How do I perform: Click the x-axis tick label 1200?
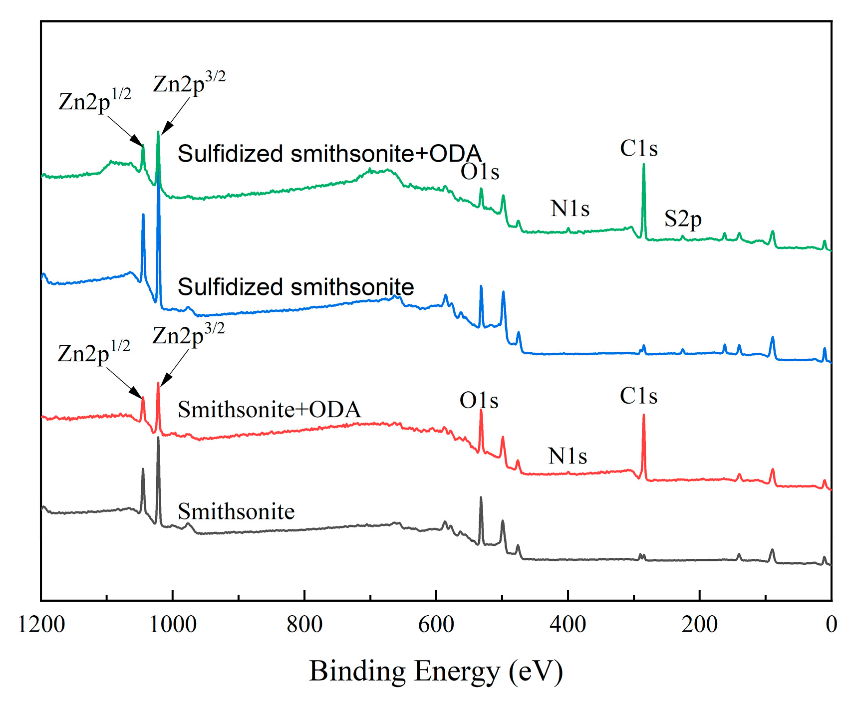click(x=41, y=624)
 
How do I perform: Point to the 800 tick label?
click(x=304, y=624)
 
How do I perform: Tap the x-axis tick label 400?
click(x=568, y=624)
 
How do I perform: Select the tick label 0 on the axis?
click(x=831, y=624)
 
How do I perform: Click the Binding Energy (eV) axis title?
click(x=436, y=671)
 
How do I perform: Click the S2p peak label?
click(x=683, y=219)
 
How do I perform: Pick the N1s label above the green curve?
click(x=570, y=209)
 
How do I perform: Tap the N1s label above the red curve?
click(x=568, y=456)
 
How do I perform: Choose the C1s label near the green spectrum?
click(x=638, y=148)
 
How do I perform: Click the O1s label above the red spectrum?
click(x=479, y=400)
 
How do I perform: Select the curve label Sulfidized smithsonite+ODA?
click(x=329, y=154)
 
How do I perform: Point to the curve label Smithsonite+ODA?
click(x=269, y=410)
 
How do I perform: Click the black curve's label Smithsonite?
click(x=236, y=512)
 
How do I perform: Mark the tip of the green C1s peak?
click(x=643, y=165)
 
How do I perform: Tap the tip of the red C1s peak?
click(x=643, y=415)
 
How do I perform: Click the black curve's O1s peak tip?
click(x=481, y=497)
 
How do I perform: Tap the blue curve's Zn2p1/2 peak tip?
click(x=143, y=215)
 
